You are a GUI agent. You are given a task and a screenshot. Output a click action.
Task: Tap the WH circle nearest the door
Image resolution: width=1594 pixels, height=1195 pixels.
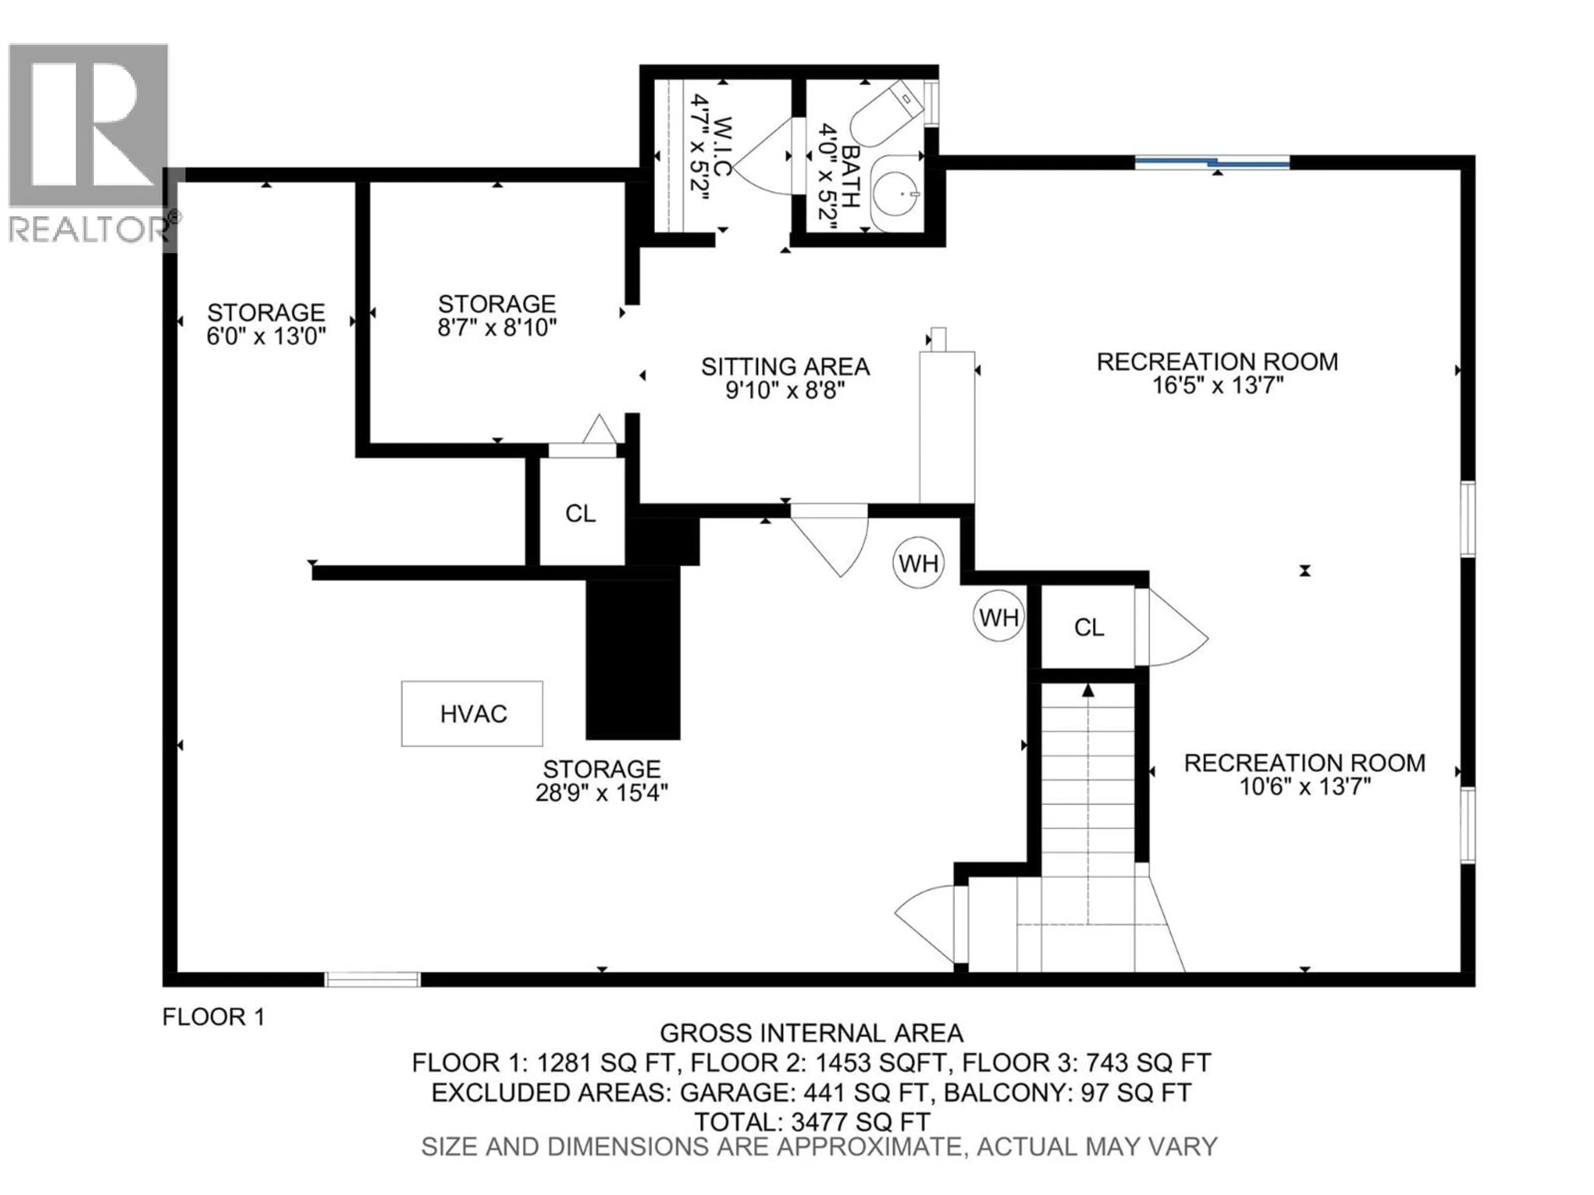[x=919, y=563]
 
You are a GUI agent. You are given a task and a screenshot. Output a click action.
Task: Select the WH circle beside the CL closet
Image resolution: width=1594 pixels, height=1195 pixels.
[x=999, y=617]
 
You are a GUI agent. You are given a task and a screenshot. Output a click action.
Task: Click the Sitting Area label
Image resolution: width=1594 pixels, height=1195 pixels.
[x=785, y=367]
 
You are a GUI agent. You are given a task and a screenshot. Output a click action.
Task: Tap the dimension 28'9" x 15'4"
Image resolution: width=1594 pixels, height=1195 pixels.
[x=602, y=793]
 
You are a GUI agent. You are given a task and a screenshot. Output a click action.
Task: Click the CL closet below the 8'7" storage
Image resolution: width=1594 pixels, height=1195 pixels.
[x=581, y=514]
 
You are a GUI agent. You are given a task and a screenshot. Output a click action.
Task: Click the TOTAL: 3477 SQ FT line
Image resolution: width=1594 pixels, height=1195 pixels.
[x=812, y=1122]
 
